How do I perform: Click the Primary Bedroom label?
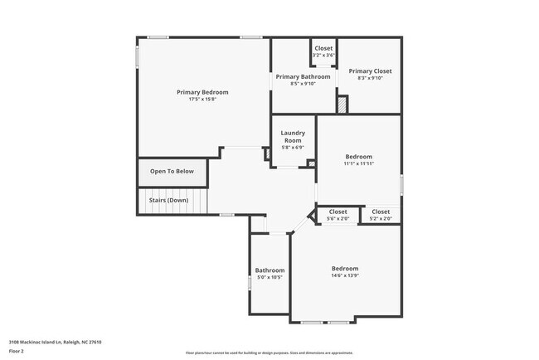tap(202, 92)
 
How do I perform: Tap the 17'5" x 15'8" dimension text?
tap(202, 100)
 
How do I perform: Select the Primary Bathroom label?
tap(303, 76)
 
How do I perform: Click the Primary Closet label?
tap(370, 71)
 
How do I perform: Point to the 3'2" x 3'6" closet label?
tap(323, 55)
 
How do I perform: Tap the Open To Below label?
tap(172, 172)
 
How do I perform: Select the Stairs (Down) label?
tap(168, 201)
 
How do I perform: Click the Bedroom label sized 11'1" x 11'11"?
tap(358, 157)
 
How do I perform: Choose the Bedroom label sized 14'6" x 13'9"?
tap(345, 269)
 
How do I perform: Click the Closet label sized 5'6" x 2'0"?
tap(337, 212)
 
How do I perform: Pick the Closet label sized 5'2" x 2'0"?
tap(381, 212)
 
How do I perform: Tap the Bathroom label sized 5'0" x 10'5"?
tap(269, 270)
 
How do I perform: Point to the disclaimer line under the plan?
tap(269, 353)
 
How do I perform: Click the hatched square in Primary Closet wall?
tap(342, 105)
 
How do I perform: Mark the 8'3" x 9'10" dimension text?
tap(370, 79)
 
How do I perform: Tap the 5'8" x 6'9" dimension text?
tap(293, 148)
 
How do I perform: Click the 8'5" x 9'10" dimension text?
tap(303, 83)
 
